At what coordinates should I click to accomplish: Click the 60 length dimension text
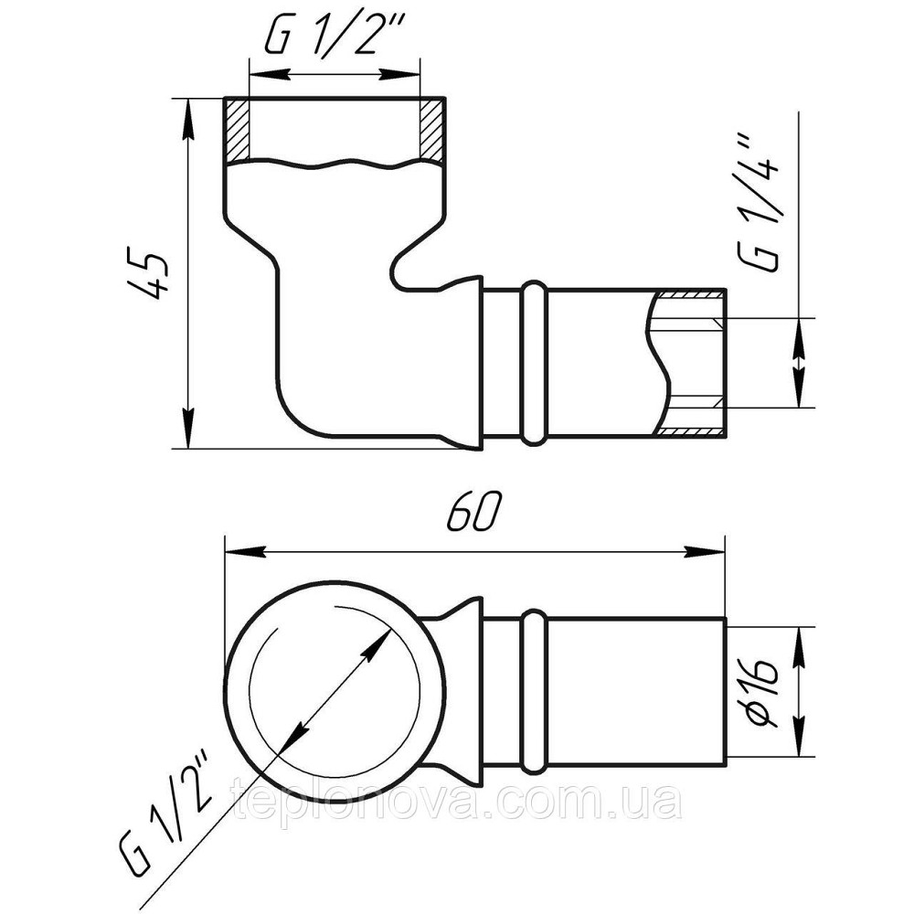473,515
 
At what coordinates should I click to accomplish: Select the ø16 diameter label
763,692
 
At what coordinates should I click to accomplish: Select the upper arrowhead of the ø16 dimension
802,642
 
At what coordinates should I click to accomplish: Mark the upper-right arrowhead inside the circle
373,647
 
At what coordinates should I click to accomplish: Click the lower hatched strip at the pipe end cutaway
690,430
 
